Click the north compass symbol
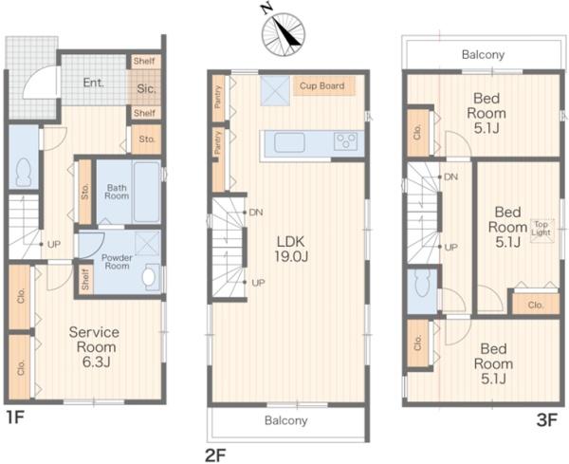(x=283, y=34)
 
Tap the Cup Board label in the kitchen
(x=321, y=85)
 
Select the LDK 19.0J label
(x=291, y=249)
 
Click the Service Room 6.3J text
(x=94, y=346)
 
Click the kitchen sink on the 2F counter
(x=289, y=142)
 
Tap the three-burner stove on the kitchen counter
(x=345, y=140)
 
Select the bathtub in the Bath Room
(x=147, y=193)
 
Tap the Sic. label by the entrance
(x=147, y=88)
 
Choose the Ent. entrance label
(x=94, y=83)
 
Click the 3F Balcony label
(x=483, y=55)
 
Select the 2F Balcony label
(x=286, y=420)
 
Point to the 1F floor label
(x=15, y=418)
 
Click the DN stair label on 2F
(x=256, y=212)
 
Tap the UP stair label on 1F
(x=54, y=245)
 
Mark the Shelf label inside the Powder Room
(x=85, y=279)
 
